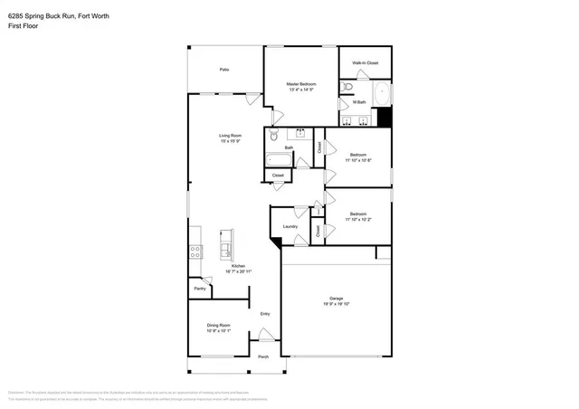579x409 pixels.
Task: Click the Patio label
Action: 223,70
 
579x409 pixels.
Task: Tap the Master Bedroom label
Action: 301,84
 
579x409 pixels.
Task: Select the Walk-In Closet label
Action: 365,62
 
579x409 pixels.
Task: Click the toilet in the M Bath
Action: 348,87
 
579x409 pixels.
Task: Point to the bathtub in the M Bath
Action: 382,94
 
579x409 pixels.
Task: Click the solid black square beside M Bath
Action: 384,117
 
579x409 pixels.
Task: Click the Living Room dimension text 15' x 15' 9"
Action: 230,141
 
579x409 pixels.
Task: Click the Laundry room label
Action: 289,226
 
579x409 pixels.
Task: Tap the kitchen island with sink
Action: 225,243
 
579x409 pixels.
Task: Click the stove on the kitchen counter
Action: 195,252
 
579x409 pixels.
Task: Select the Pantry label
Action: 198,289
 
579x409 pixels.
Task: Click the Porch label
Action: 263,357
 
